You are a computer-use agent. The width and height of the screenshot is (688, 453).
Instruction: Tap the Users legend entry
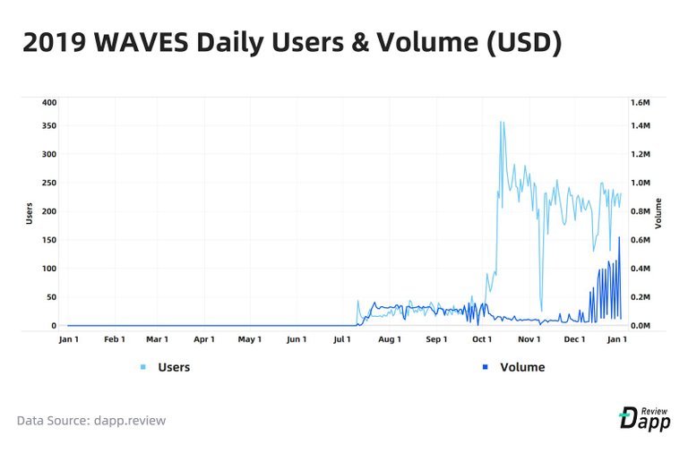pyautogui.click(x=173, y=367)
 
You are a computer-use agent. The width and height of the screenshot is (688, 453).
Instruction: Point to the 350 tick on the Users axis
pyautogui.click(x=48, y=125)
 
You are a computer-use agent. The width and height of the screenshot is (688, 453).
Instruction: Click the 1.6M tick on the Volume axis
pyautogui.click(x=640, y=103)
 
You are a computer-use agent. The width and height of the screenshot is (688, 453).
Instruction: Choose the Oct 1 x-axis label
pyautogui.click(x=483, y=340)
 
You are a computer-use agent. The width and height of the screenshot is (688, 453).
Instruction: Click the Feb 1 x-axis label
pyautogui.click(x=115, y=340)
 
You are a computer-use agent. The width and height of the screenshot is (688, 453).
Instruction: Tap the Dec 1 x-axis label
pyautogui.click(x=575, y=340)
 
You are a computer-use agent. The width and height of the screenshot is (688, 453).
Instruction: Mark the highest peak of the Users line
pyautogui.click(x=502, y=123)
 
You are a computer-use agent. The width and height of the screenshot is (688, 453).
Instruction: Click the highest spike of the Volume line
pyautogui.click(x=619, y=237)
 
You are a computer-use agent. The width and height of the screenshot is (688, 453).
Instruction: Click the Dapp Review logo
pyautogui.click(x=645, y=417)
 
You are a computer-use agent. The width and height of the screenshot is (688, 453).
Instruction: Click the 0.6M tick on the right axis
pyautogui.click(x=640, y=240)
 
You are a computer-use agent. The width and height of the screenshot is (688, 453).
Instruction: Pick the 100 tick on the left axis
pyautogui.click(x=48, y=269)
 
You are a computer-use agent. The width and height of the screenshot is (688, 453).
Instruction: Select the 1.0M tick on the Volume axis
pyautogui.click(x=640, y=183)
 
